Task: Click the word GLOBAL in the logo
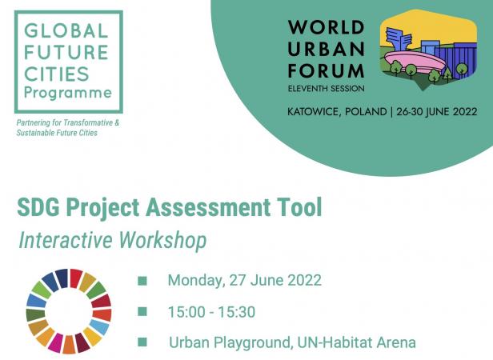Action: [66, 31]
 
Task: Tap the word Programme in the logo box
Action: [68, 93]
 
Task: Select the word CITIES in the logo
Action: [57, 74]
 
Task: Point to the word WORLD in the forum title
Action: [326, 27]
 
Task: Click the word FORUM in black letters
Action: [326, 70]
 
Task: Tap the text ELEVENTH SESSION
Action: [326, 89]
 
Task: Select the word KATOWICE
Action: [314, 112]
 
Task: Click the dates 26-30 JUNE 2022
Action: [437, 112]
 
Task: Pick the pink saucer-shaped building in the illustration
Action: [415, 62]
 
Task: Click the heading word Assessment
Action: [207, 207]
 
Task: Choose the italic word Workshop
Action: [162, 241]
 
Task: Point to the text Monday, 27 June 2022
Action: [245, 280]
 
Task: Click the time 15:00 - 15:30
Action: [211, 312]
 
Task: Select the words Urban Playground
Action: [229, 342]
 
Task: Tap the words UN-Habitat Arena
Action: [356, 342]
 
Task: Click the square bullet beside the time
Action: [142, 311]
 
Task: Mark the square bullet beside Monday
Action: [142, 281]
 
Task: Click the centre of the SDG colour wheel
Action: [69, 311]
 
